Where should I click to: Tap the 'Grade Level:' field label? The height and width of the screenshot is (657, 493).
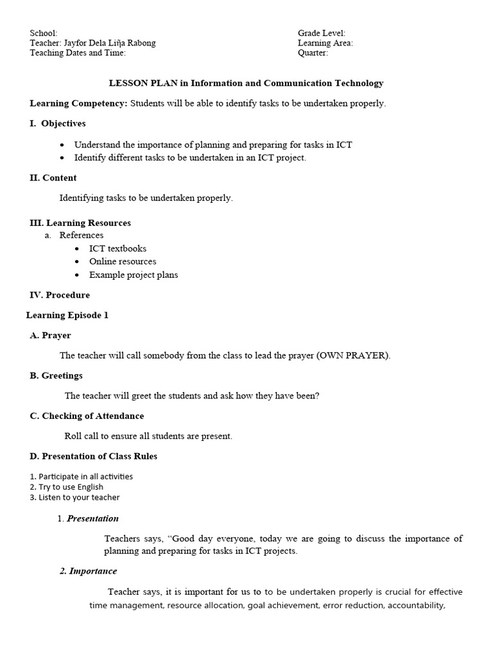tap(321, 33)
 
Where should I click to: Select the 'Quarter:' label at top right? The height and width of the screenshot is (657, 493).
tap(313, 53)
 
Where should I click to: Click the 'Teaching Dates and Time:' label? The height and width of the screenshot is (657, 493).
tap(78, 53)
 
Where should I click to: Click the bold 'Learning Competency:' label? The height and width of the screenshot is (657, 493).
tap(79, 103)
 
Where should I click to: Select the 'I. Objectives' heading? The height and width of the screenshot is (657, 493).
tap(57, 123)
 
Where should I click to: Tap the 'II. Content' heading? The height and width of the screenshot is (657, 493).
tap(53, 178)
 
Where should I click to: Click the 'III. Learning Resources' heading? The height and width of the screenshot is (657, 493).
tap(80, 223)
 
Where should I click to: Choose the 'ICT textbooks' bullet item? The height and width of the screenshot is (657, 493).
tap(117, 248)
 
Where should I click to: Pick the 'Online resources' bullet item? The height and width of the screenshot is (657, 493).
tap(123, 261)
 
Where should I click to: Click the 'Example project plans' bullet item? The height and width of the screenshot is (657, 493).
tap(134, 275)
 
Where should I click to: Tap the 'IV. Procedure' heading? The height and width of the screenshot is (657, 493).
tap(60, 295)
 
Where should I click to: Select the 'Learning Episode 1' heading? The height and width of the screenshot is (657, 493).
tap(67, 315)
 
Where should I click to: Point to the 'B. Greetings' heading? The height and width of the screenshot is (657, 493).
tap(56, 375)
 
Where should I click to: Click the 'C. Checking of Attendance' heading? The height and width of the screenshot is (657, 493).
tap(87, 416)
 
